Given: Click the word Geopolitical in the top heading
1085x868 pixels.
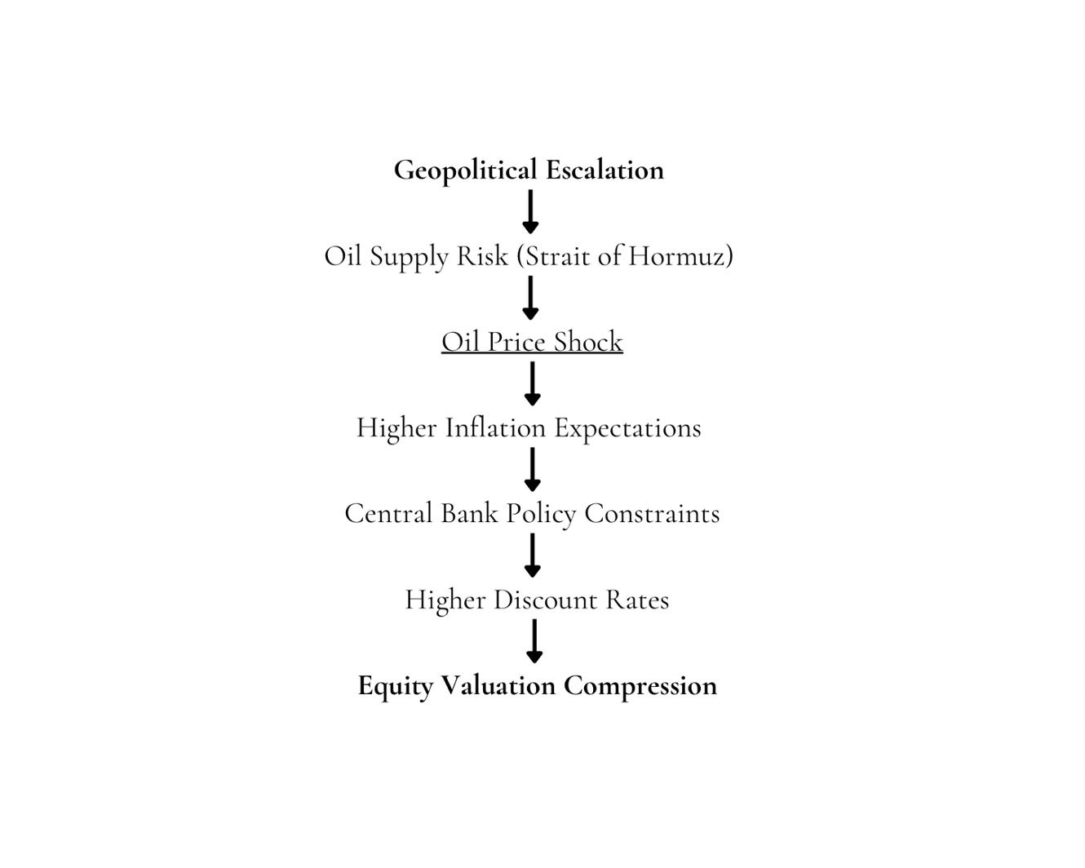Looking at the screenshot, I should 465,170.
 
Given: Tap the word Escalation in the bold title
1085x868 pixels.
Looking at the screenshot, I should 604,170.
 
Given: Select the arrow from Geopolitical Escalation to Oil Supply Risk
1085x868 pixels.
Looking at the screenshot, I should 530,212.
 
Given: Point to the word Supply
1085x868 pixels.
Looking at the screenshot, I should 410,257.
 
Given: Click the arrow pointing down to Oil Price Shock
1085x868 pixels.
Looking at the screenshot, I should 530,298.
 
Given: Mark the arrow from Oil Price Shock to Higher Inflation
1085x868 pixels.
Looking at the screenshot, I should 532,383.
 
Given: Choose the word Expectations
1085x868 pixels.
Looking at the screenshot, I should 627,428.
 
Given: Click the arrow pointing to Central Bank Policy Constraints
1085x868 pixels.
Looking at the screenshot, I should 532,470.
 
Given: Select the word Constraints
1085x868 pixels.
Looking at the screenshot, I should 652,514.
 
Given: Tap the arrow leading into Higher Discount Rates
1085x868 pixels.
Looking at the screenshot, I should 532,556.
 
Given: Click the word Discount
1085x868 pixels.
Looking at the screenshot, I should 546,600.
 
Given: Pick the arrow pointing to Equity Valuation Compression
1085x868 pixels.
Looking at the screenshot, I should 534,641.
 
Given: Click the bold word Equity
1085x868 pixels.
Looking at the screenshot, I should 396,686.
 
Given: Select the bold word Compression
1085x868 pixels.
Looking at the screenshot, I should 640,686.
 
